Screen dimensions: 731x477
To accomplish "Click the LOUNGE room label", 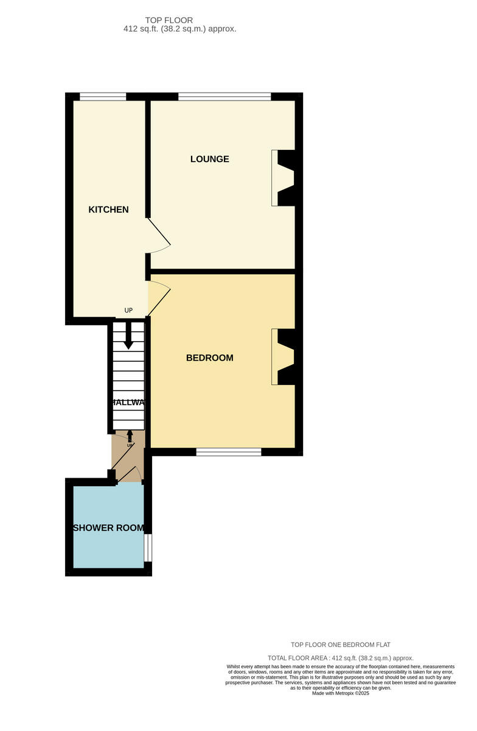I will tap(209, 159).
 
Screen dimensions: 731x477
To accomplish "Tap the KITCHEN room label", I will tap(108, 210).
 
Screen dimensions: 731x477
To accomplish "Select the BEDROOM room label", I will tap(209, 358).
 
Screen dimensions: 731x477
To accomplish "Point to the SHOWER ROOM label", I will tap(109, 528).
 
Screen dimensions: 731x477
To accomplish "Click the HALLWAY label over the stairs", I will tap(128, 403).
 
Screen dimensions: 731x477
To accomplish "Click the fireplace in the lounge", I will tap(283, 177).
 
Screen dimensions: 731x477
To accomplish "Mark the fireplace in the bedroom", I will tap(283, 357).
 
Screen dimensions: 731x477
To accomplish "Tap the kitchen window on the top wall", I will tap(103, 96).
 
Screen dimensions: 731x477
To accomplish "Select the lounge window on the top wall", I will tap(225, 96).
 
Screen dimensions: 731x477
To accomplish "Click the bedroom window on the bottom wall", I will tap(229, 452).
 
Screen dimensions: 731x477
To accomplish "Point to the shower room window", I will tap(148, 548).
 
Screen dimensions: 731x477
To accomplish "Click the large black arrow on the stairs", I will tap(128, 336).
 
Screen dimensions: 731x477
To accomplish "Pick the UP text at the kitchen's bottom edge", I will tap(128, 311).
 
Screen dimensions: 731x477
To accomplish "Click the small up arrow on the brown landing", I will tap(129, 437).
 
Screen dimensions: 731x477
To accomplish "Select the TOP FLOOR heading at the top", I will tap(169, 20).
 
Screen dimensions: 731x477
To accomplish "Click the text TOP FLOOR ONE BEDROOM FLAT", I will tap(340, 644).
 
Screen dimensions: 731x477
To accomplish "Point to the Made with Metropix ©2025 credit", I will tap(340, 693).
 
